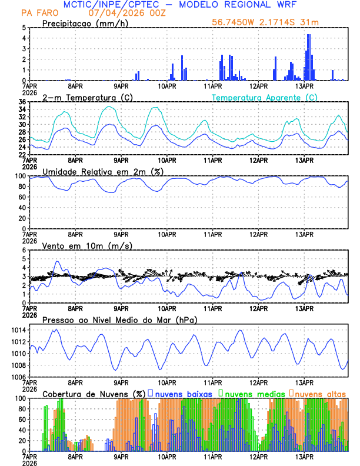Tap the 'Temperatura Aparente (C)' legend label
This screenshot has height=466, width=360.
click(264, 97)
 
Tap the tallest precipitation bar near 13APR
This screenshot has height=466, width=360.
click(308, 57)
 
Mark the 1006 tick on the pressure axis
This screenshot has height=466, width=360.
click(16, 377)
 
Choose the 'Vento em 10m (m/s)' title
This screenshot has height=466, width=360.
click(87, 245)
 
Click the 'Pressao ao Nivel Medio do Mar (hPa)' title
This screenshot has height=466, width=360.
click(119, 319)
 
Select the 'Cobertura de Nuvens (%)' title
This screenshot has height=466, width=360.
click(94, 394)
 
